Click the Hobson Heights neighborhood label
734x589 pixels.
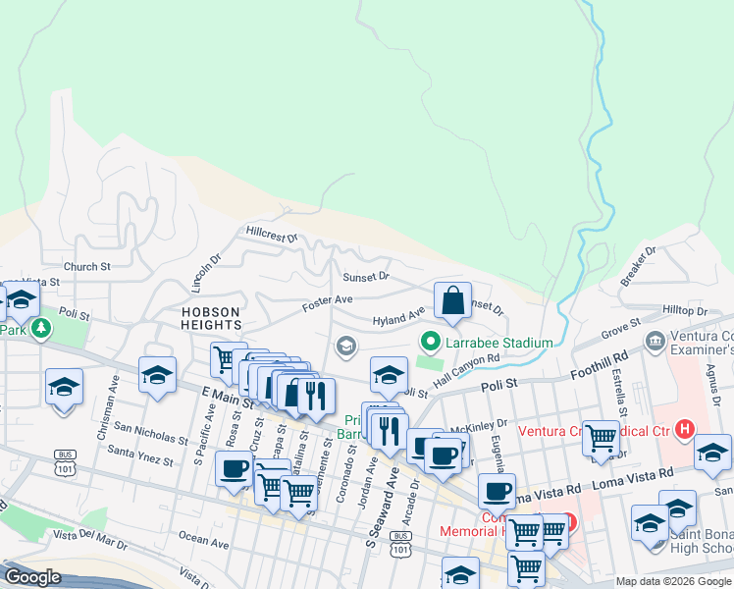(x=211, y=317)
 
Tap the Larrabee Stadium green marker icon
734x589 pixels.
(x=429, y=342)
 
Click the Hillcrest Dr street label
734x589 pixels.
(x=273, y=237)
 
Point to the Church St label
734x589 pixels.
(x=86, y=266)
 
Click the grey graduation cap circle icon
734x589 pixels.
(x=344, y=346)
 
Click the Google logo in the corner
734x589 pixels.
(x=32, y=577)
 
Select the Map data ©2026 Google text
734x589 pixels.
(x=672, y=581)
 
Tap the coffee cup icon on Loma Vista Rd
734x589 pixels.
(x=497, y=490)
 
